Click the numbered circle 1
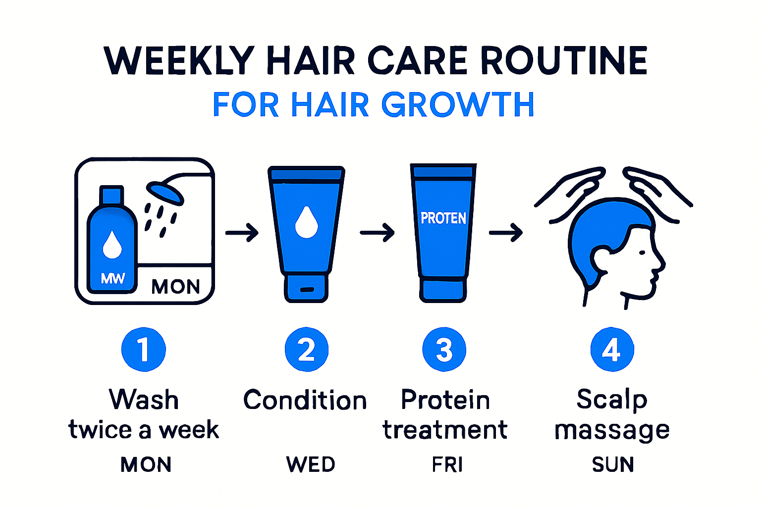coord(144,349)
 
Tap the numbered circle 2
coord(307,349)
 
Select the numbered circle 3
coord(444,349)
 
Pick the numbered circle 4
coord(612,349)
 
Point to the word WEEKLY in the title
coord(179,61)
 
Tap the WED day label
coord(311,464)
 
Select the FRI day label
coord(447,464)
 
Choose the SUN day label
coord(613,464)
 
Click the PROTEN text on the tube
coord(443,218)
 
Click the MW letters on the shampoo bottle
coord(113,278)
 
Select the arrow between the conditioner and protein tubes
coord(377,232)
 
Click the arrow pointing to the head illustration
coord(506,232)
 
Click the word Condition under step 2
coord(305,400)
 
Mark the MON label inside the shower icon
coord(175,287)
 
